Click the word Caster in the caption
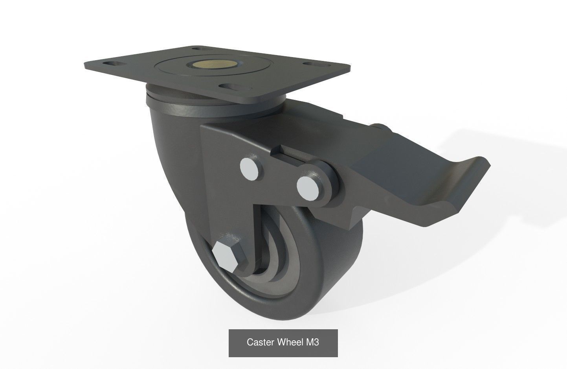click(x=261, y=342)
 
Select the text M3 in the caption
click(x=312, y=342)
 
